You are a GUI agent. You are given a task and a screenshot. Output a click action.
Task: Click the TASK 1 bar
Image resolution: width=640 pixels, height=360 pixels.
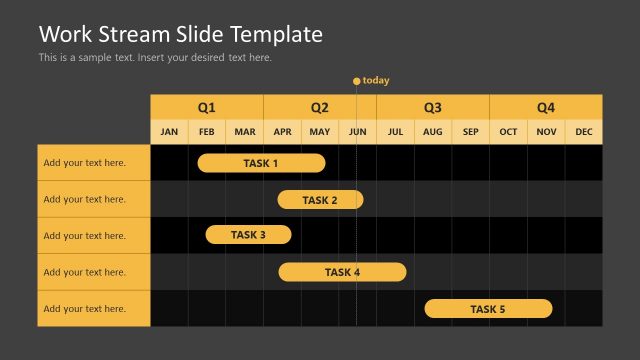tap(261, 163)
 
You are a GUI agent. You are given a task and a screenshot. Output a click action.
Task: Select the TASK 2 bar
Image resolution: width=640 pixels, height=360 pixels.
tap(320, 200)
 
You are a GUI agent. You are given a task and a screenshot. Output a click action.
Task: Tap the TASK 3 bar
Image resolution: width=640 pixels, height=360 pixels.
tap(248, 235)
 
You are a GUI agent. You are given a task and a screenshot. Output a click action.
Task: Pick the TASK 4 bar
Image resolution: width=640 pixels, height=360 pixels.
tap(342, 272)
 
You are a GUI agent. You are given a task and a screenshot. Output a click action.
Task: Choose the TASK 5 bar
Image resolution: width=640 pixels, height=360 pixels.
tap(488, 309)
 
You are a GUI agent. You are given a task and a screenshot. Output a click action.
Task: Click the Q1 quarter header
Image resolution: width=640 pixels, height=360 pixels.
tap(206, 107)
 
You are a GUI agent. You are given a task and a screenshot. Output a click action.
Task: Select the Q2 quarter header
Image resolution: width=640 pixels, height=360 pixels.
tap(320, 107)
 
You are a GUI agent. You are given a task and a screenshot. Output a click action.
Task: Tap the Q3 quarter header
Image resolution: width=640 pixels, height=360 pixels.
tap(433, 107)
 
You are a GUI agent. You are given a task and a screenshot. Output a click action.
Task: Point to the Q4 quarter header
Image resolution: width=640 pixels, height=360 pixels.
tap(546, 107)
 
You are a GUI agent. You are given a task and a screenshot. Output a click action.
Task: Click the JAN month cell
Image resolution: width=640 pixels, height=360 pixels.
tap(169, 132)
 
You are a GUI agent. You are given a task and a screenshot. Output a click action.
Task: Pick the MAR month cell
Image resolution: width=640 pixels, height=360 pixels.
tap(245, 132)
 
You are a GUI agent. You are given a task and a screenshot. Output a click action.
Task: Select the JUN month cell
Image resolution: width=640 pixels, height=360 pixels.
tap(358, 132)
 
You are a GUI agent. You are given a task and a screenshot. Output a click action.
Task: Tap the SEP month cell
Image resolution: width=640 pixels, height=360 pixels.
tap(471, 132)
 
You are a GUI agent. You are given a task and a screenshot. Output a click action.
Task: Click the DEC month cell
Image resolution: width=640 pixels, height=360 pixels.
tap(584, 132)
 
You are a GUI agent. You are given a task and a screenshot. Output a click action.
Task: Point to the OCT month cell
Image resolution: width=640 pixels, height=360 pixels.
tap(509, 132)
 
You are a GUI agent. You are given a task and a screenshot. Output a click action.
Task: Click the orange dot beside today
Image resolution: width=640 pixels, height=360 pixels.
tap(356, 81)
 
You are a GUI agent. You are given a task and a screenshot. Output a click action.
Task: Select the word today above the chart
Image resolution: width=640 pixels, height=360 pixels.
tap(376, 81)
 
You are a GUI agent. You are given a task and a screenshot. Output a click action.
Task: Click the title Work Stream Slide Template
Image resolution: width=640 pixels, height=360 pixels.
tap(181, 34)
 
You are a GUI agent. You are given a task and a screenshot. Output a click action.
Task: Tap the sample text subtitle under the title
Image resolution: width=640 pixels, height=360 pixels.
tap(155, 58)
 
